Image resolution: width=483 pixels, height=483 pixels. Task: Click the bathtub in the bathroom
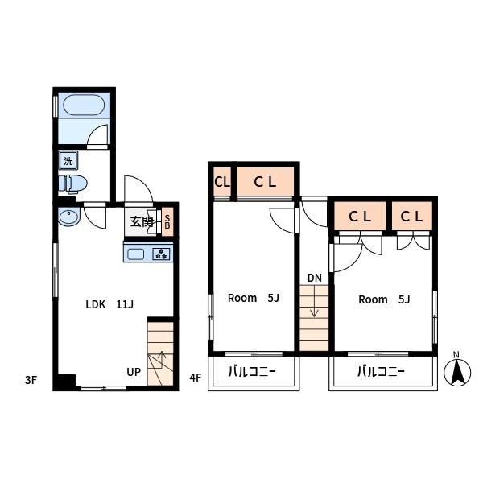(84, 105)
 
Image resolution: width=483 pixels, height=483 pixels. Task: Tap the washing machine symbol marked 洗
(68, 160)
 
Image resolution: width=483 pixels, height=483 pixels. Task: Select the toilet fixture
(73, 184)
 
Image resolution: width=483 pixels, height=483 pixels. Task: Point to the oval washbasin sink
(69, 217)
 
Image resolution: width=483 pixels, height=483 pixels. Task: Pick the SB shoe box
(167, 222)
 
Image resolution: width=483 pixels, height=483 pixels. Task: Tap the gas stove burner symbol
(161, 254)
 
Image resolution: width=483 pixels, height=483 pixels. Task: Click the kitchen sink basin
(135, 254)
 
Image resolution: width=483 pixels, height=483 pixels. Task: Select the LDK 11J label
(109, 304)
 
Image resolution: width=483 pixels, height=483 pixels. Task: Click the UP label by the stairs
(134, 372)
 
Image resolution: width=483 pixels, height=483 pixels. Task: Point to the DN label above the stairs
(315, 279)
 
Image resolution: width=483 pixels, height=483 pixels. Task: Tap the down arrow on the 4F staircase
(314, 301)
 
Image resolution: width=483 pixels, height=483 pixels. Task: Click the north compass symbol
(457, 370)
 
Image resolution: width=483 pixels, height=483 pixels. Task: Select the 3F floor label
(31, 380)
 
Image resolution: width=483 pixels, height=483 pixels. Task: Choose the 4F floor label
(196, 378)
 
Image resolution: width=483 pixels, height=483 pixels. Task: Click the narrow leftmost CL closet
(222, 182)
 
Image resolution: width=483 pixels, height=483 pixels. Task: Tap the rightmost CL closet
(412, 217)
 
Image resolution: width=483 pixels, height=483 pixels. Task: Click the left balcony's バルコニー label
(252, 372)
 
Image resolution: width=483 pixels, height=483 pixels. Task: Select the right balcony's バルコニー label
(381, 372)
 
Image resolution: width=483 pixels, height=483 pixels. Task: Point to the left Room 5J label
(254, 298)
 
